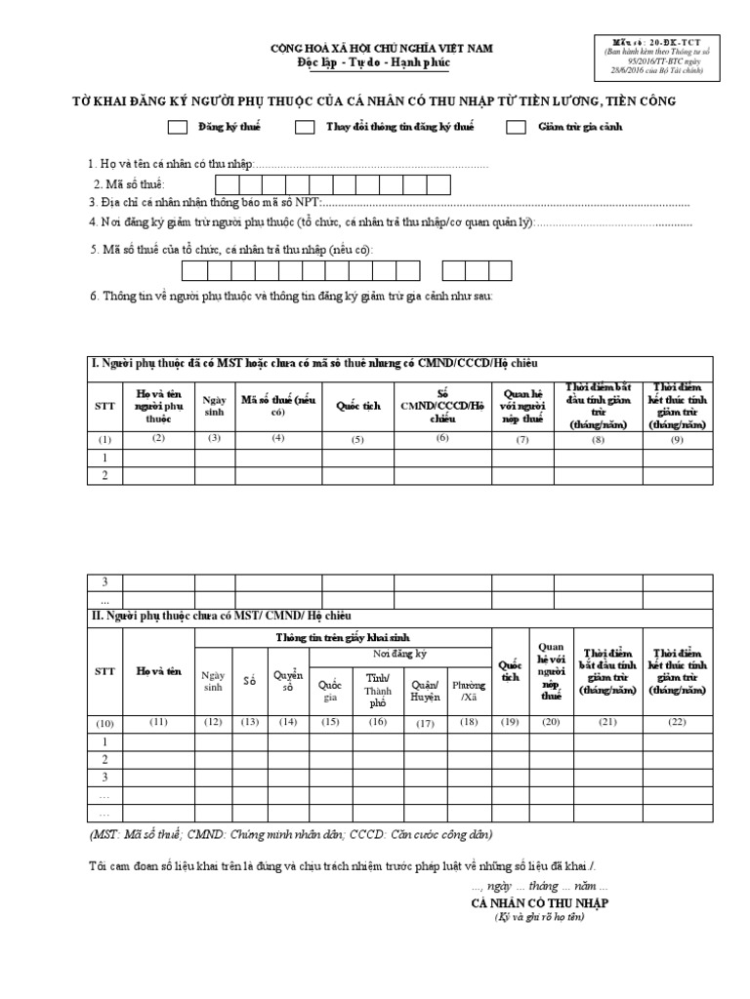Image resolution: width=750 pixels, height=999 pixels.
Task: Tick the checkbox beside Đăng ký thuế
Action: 178,127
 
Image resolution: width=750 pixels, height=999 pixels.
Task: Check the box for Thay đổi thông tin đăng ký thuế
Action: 305,127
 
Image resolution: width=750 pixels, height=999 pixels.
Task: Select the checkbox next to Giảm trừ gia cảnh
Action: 517,127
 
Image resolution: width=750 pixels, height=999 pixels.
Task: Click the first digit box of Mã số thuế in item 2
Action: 227,184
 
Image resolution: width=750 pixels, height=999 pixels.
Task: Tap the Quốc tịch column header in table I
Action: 357,407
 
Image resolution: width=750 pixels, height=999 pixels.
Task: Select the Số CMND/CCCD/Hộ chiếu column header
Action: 441,406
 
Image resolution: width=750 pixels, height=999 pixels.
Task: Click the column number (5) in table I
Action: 357,439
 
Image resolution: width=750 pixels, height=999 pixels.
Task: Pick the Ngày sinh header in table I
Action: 214,406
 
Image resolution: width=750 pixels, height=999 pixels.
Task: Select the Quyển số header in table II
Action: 288,681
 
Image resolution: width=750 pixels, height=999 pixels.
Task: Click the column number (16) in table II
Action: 377,722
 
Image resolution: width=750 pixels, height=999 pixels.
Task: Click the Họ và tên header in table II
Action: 159,670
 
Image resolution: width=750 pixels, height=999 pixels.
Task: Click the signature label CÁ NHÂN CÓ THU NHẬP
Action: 539,903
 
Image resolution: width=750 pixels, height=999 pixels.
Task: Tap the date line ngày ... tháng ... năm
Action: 539,886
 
